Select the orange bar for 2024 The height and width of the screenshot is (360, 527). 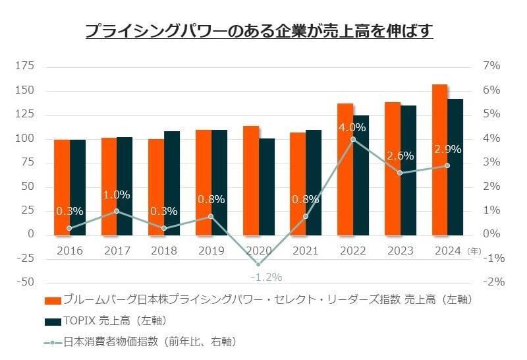(440, 160)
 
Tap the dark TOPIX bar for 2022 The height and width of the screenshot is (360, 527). (361, 175)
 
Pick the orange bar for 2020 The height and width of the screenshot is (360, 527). (251, 180)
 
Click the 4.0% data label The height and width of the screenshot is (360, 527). (352, 127)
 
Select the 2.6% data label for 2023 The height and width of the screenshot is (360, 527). (400, 156)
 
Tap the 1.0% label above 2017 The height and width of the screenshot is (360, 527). (117, 195)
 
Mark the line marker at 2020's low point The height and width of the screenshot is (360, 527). (258, 264)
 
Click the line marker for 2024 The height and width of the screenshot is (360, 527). (447, 165)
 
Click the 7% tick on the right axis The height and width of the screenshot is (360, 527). (493, 66)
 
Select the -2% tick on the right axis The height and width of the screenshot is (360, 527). (493, 282)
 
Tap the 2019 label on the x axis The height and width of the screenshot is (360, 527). (211, 251)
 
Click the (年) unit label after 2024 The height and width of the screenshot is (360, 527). (474, 251)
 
